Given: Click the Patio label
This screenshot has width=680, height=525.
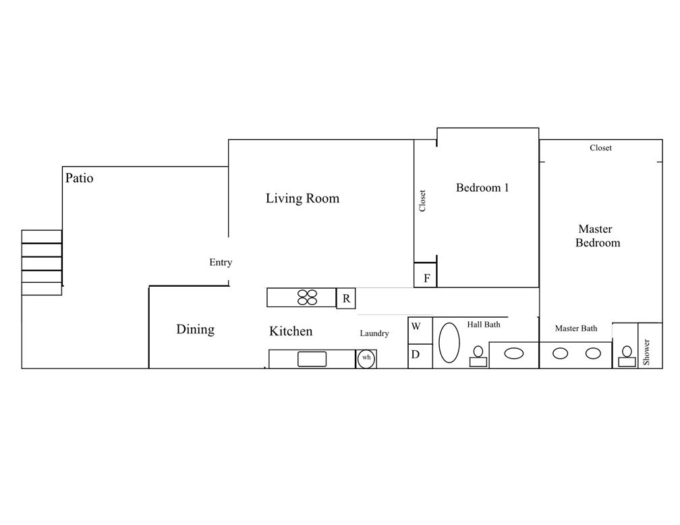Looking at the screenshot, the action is (79, 178).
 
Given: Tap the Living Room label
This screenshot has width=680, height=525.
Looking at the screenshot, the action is (302, 198).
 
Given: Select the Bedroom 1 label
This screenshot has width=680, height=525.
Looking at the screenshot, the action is (482, 188).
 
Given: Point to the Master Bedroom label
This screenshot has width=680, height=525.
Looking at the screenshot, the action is (597, 236).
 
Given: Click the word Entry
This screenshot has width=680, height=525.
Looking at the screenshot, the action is (221, 262).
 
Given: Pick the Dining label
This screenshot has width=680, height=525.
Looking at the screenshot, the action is (195, 329).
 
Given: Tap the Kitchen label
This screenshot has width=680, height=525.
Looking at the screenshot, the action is (291, 331).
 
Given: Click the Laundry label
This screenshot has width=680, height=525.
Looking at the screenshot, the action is (374, 333).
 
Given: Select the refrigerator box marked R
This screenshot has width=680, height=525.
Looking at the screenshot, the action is (346, 298).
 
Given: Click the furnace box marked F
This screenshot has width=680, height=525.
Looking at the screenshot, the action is (426, 275).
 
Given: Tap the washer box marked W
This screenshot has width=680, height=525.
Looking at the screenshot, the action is (420, 331).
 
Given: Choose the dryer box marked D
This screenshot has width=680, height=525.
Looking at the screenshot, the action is (420, 356).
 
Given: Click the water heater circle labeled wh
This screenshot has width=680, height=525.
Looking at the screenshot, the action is (366, 359).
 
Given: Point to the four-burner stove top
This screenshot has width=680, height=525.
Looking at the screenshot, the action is (307, 297).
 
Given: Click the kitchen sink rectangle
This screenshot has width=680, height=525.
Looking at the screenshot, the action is (312, 359).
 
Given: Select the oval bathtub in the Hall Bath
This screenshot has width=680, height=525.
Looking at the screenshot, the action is (449, 342).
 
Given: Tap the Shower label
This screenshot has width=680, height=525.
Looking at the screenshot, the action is (646, 352).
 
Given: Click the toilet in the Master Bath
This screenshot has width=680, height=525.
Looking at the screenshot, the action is (627, 356).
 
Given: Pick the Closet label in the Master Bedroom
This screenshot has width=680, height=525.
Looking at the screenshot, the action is (600, 148).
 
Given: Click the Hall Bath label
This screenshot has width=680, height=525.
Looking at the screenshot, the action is (484, 325).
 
